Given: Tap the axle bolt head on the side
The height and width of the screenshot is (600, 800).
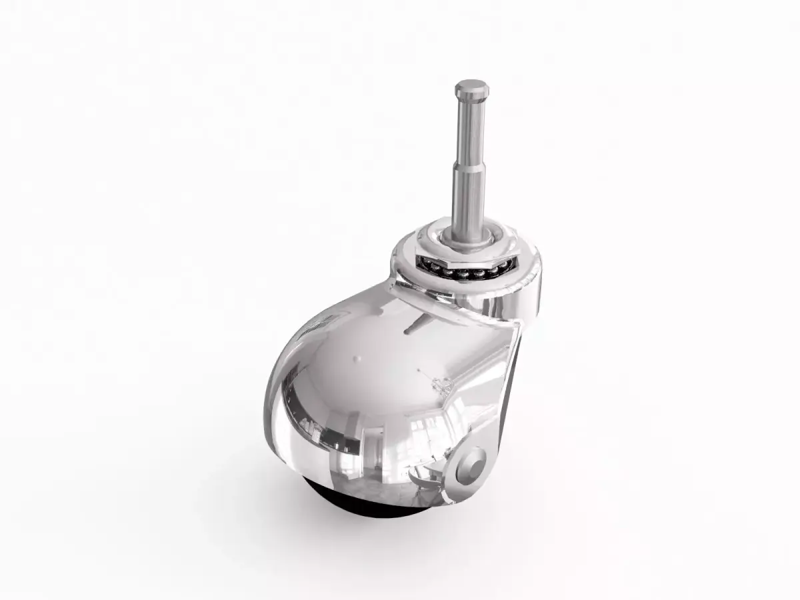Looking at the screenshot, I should click(475, 461).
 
